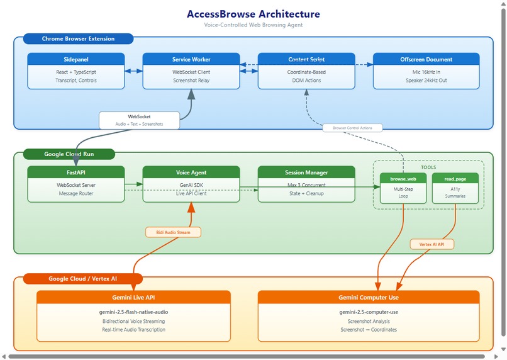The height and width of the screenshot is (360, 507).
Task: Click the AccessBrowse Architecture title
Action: coord(253,14)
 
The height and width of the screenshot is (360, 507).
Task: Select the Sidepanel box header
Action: coord(75,59)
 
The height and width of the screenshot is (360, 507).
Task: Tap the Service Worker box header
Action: coord(191,59)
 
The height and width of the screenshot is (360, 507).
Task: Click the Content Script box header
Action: coord(306,59)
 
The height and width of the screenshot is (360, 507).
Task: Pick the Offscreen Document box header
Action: coord(426,59)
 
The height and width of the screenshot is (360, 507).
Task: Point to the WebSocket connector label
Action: coord(139,120)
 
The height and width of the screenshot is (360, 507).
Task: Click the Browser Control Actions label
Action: coord(352,128)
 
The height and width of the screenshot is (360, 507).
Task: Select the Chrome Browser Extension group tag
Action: coord(78,39)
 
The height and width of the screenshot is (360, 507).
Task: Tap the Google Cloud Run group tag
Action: coord(69,154)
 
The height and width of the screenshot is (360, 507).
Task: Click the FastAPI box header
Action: coord(75,172)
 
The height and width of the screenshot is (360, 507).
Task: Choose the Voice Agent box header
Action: coord(191,172)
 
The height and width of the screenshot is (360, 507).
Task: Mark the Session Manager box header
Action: coord(306,172)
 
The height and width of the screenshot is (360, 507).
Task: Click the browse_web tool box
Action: coord(403,188)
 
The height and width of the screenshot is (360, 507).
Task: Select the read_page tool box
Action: coord(455,188)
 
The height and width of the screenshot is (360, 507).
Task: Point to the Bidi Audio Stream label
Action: coord(173,232)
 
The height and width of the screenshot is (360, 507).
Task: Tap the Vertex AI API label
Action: coord(432,244)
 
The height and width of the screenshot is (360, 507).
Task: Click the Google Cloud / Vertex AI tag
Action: coord(83,279)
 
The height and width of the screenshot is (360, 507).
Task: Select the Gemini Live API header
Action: coord(133,297)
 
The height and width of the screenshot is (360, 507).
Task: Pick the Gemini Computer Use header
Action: coord(369,297)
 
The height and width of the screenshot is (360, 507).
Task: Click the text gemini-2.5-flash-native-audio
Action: coord(133,312)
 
